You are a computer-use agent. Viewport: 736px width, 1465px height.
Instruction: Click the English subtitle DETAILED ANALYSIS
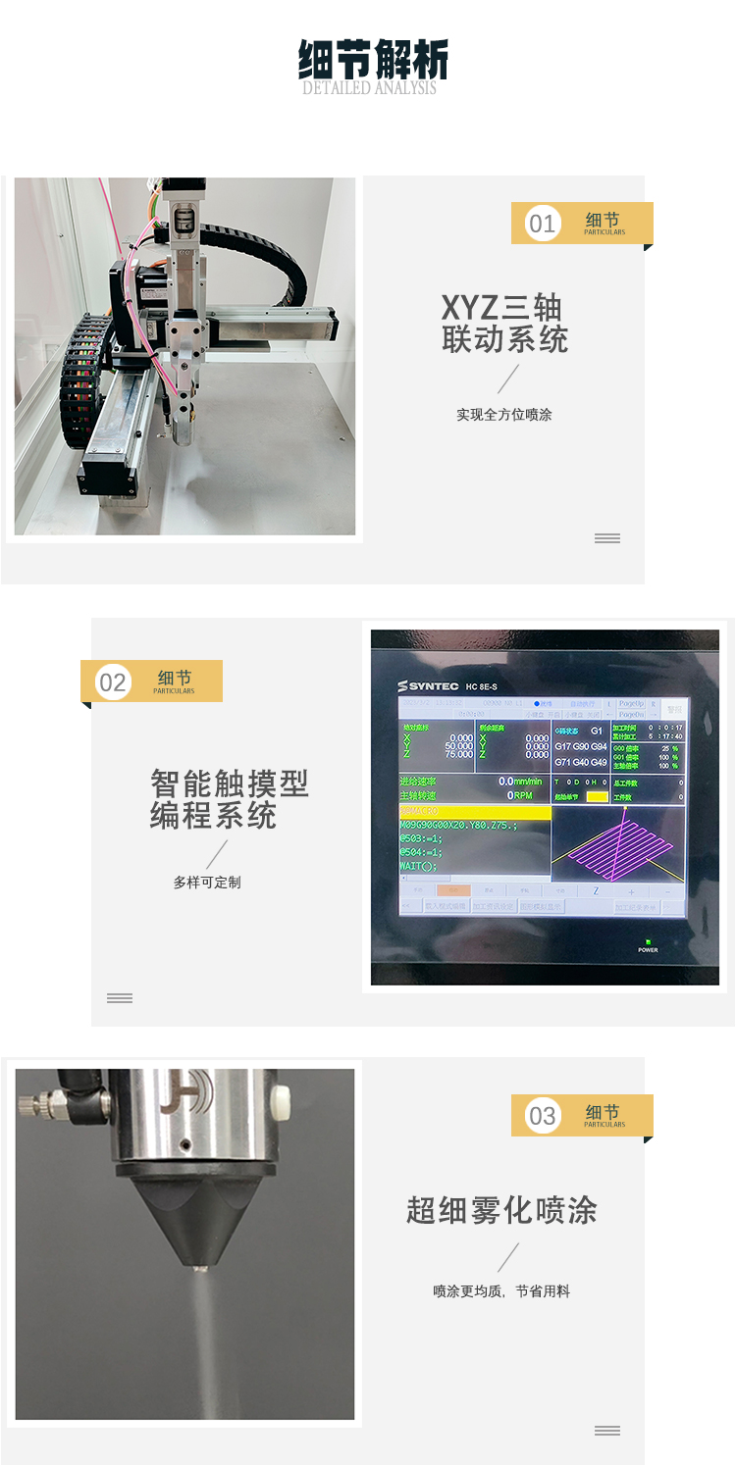(369, 88)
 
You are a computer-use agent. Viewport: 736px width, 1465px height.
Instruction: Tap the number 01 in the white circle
(542, 224)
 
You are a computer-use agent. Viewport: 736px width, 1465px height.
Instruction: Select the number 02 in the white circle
(113, 682)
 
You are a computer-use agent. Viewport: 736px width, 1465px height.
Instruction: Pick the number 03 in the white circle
(542, 1116)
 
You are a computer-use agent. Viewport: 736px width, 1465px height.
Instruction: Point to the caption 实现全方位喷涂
(503, 415)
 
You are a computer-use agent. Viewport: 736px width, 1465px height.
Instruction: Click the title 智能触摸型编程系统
(229, 799)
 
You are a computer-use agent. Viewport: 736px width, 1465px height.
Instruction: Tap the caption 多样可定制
(206, 883)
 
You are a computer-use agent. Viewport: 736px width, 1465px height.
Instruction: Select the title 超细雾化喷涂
(501, 1211)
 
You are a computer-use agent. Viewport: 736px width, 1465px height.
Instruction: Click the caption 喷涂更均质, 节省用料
(501, 1291)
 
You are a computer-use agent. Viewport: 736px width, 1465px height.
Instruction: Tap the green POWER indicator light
(648, 941)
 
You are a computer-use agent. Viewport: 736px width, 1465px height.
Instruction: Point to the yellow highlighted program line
(474, 812)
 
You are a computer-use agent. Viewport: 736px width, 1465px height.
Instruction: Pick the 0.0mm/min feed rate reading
(519, 782)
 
